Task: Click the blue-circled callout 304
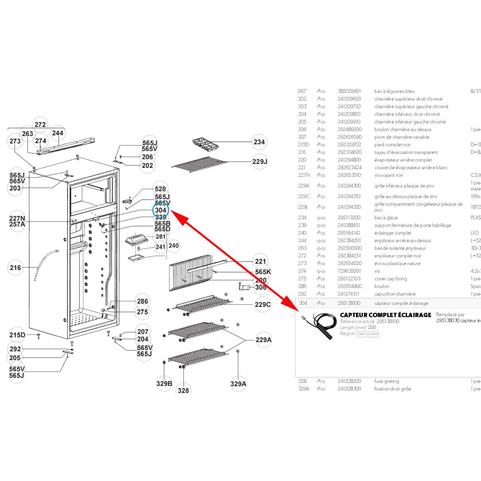tap(161, 210)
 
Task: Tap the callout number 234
tap(259, 142)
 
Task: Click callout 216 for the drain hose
tap(15, 268)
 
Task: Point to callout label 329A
tap(238, 384)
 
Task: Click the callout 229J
tap(259, 162)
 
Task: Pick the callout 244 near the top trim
tap(57, 133)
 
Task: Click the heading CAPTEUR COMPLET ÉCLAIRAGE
tap(385, 315)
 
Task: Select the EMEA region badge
tap(362, 334)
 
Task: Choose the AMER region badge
tap(374, 334)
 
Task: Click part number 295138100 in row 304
tap(349, 303)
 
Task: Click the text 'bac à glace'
tap(386, 218)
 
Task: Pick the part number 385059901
tap(349, 91)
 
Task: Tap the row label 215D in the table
tap(303, 145)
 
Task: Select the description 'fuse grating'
tap(386, 381)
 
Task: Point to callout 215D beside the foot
tap(17, 335)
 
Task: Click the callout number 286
tap(142, 301)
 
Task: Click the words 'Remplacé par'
tap(450, 314)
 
